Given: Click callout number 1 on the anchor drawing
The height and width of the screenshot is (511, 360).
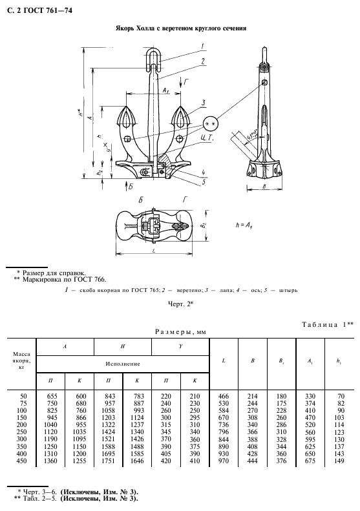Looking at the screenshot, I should pos(203,45).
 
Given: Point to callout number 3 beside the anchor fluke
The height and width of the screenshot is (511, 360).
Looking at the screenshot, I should pos(203,102).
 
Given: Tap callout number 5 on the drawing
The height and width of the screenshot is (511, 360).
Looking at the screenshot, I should pos(203,182).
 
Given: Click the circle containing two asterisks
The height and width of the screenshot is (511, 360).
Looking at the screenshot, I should pos(210,123).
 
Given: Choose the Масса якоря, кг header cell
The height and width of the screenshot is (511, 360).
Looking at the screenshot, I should pos(18,360).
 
